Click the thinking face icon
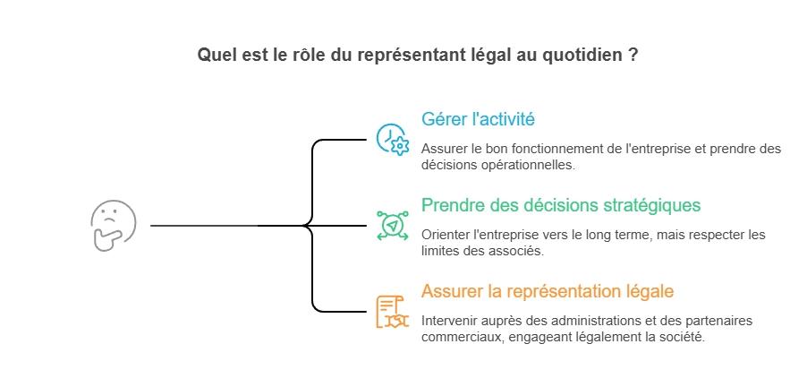click(114, 226)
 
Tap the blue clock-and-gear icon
click(392, 140)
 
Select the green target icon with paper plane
click(392, 225)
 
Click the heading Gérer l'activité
click(478, 119)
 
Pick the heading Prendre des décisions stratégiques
click(561, 205)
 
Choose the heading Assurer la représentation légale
click(548, 291)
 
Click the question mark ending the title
click(633, 55)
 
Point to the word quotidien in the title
click(587, 55)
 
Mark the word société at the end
click(682, 337)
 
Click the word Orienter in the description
click(446, 235)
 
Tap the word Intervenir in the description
click(450, 320)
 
